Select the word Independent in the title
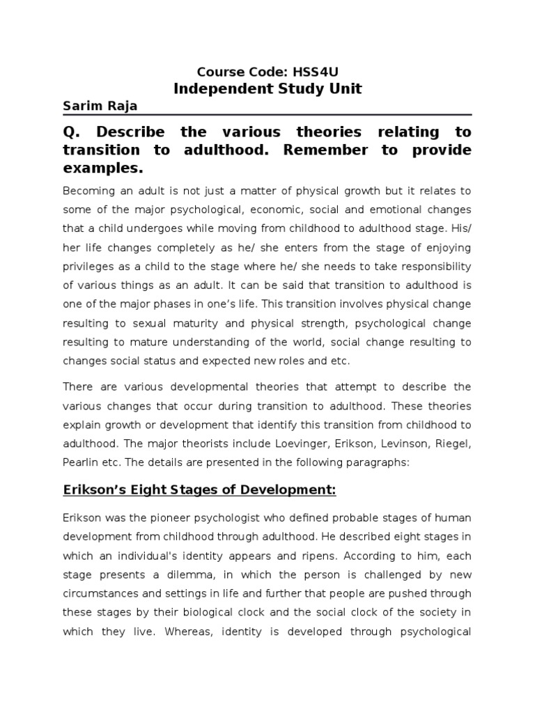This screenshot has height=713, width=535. tap(217, 89)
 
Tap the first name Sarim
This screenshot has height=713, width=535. tap(80, 107)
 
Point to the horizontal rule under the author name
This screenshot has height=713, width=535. tap(267, 115)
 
